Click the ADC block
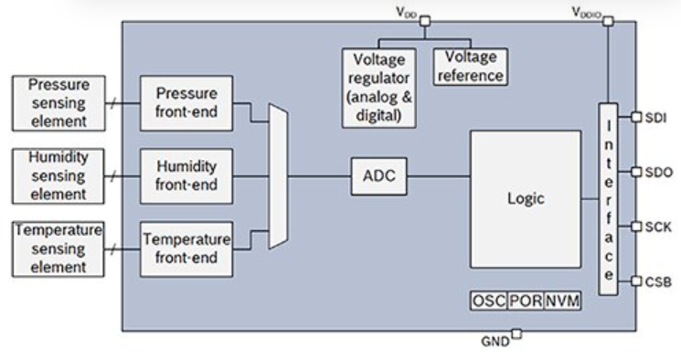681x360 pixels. point(378,176)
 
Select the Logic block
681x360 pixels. point(526,199)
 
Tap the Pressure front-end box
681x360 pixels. point(186,103)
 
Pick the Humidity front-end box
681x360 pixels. point(186,175)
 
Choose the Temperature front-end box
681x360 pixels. point(186,249)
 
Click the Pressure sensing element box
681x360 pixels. point(59,103)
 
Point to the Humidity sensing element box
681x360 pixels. point(59,175)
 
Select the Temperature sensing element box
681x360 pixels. point(59,249)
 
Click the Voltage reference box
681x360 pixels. point(471,67)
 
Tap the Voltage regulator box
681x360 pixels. point(379,88)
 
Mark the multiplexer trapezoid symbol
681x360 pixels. point(278,175)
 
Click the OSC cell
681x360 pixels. point(489,301)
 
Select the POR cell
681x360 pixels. point(526,301)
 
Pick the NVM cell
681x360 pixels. point(562,301)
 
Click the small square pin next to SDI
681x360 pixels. point(636,117)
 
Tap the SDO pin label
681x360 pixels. point(659,173)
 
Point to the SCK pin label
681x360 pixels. point(658,228)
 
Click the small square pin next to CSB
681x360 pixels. point(636,281)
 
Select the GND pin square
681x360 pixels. point(516,334)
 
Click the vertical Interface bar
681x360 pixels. point(608,199)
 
